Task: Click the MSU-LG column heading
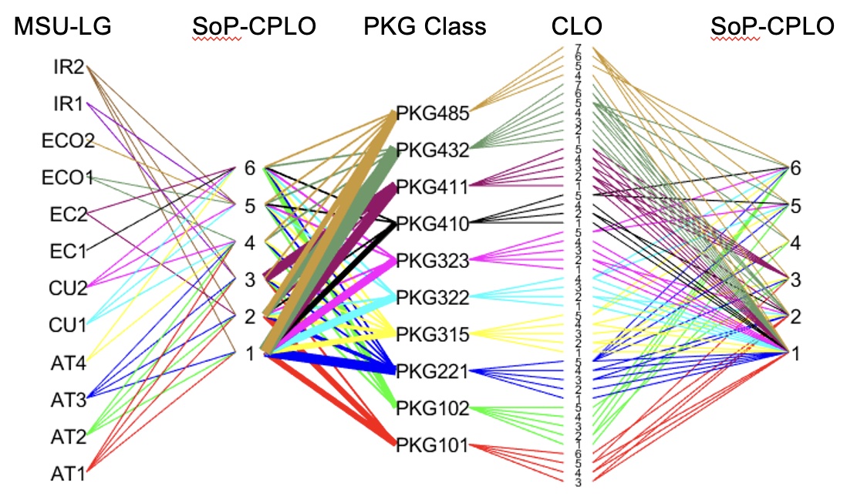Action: pyautogui.click(x=62, y=27)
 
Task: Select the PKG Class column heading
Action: pyautogui.click(x=425, y=27)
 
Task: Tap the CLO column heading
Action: pyautogui.click(x=576, y=27)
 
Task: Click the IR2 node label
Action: pyautogui.click(x=69, y=67)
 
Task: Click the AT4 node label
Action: pyautogui.click(x=68, y=360)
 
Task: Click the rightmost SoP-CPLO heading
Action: pyautogui.click(x=771, y=27)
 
